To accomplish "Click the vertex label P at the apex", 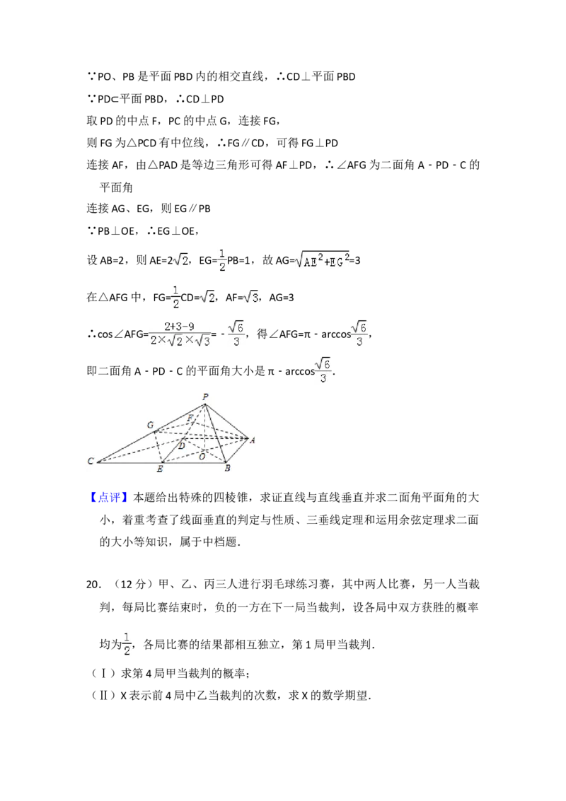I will coord(205,397).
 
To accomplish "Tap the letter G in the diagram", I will coord(150,425).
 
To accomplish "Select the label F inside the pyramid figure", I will coord(190,419).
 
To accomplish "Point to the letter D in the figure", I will coord(181,445).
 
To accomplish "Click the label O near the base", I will coord(202,456).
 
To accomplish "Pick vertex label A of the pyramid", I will coord(253,440).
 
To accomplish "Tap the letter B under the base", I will coord(226,468).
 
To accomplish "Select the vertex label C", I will coord(91,462).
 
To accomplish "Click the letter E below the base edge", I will coord(160,469).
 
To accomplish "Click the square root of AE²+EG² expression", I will coord(323,261).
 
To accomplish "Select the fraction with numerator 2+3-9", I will coord(181,334).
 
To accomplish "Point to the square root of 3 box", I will coord(249,298).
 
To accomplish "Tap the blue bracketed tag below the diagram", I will coord(110,496).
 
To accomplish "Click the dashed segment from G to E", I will coord(158,448).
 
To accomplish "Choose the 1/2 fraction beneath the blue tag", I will coord(127,644).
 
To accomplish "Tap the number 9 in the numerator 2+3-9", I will coord(189,326).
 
